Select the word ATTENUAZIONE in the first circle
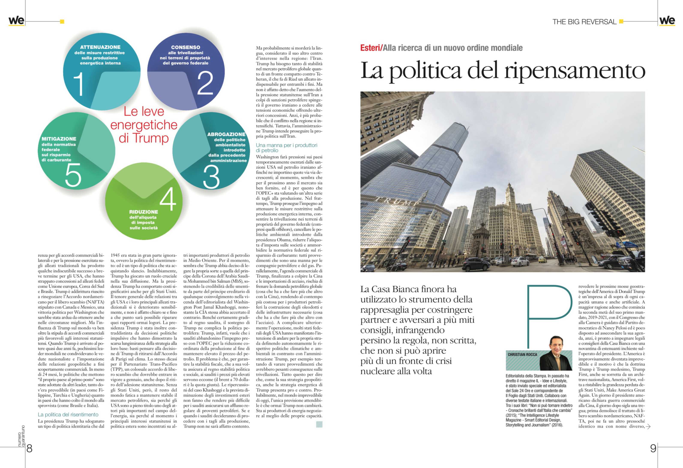pyautogui.click(x=100, y=47)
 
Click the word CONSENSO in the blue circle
pyautogui.click(x=186, y=47)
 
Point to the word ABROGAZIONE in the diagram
pyautogui.click(x=226, y=134)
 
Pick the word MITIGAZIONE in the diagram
pyautogui.click(x=59, y=139)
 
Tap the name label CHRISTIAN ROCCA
pyautogui.click(x=522, y=354)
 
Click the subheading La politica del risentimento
pyautogui.click(x=68, y=414)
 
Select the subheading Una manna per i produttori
pyautogui.click(x=286, y=145)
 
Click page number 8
pyautogui.click(x=29, y=448)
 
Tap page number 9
pyautogui.click(x=653, y=448)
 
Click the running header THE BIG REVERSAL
pyautogui.click(x=584, y=22)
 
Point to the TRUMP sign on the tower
pyautogui.click(x=397, y=201)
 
